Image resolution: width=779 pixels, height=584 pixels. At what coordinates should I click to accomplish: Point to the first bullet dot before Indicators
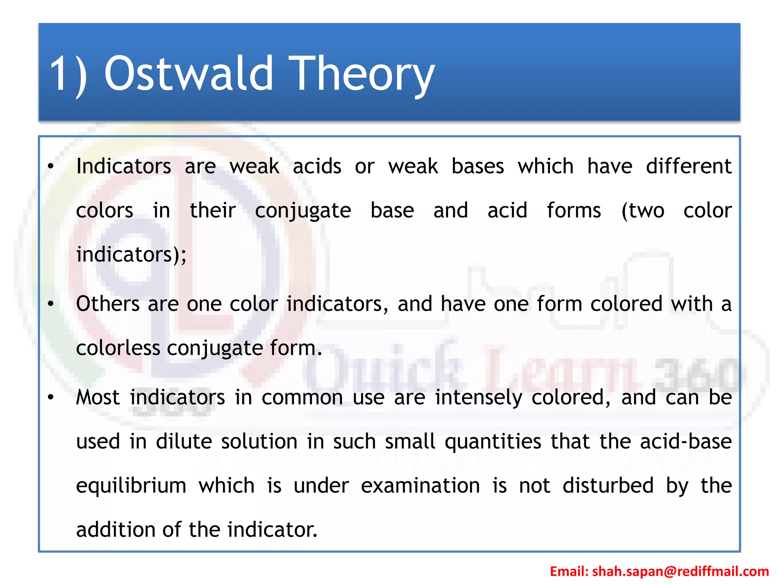click(x=51, y=167)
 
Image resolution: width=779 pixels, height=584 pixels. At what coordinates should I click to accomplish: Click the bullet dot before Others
click(x=51, y=304)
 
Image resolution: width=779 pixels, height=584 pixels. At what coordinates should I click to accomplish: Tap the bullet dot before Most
click(x=51, y=397)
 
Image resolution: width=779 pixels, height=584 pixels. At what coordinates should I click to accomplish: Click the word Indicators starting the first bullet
click(x=124, y=167)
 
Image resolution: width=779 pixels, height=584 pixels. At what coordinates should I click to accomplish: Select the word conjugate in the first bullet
click(x=303, y=211)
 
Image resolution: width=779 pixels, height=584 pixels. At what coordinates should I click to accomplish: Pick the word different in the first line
click(x=688, y=167)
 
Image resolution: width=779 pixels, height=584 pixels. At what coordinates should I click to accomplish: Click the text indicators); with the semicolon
click(x=131, y=255)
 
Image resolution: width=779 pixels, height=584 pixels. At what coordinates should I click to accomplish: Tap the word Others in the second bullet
click(x=108, y=304)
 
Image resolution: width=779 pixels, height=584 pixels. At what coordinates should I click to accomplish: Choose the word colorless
click(x=118, y=348)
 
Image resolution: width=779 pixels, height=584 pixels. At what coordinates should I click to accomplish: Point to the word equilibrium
click(x=131, y=486)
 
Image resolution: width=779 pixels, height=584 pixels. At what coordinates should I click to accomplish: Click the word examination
click(x=420, y=486)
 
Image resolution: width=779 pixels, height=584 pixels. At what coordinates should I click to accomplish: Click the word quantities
click(x=493, y=441)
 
